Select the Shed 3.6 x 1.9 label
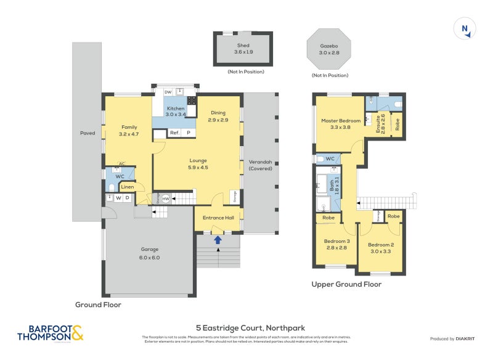tap(243, 49)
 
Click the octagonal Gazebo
tap(328, 49)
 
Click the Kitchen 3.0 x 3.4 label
tap(174, 111)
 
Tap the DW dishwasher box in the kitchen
tap(168, 92)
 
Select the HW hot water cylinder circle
tap(166, 198)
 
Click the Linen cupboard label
tap(128, 187)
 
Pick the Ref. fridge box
tap(174, 133)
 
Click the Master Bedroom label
tap(340, 123)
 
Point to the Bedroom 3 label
tap(337, 244)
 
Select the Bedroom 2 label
tap(382, 248)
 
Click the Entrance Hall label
tap(218, 218)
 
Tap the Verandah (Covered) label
tap(260, 165)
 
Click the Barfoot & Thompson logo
tap(50, 333)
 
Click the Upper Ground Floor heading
tap(346, 284)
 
